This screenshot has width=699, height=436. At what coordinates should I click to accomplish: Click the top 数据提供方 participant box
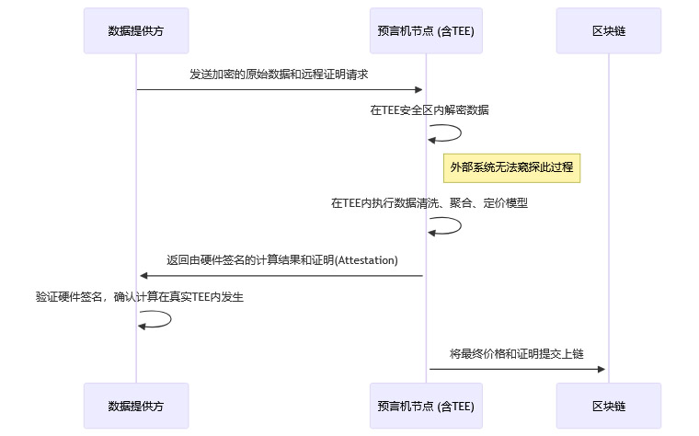(136, 31)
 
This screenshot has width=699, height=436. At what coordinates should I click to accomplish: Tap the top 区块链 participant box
(608, 31)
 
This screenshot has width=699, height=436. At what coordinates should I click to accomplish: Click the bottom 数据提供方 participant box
(136, 406)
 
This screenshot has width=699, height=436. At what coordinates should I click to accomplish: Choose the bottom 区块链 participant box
(608, 406)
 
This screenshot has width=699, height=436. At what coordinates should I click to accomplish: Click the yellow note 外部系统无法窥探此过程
(511, 167)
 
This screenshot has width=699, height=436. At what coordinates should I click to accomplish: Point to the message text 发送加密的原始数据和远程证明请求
(280, 74)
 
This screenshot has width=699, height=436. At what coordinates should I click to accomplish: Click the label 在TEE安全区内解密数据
(429, 109)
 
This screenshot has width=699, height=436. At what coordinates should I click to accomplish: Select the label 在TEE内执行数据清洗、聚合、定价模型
(429, 203)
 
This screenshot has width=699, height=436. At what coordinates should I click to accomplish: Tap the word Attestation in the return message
(367, 260)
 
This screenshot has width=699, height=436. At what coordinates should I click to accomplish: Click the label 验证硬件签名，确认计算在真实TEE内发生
(139, 297)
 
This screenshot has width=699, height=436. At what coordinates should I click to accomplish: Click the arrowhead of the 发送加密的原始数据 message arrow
(418, 89)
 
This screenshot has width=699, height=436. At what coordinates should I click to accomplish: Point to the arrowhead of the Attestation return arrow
(143, 276)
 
